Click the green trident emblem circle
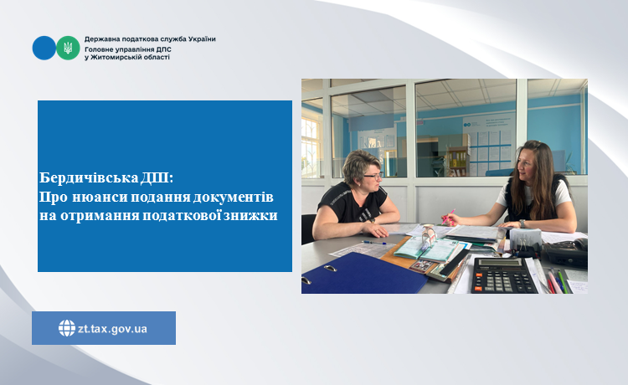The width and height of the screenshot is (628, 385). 68,48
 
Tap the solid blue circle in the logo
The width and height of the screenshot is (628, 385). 44,48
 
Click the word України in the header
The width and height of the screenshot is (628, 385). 203,39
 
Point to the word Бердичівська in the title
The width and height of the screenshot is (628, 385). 89,177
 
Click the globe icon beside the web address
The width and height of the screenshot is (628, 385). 67,328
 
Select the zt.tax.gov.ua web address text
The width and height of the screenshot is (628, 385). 112,329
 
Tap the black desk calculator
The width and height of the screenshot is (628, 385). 503,275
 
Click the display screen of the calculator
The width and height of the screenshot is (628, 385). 499,263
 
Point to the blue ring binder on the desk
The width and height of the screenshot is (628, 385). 363,274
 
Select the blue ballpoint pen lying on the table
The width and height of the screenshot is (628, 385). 374,243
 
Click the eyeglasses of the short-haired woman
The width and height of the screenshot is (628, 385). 373,175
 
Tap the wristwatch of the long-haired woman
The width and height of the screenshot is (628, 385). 522,223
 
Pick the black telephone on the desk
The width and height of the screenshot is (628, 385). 566,253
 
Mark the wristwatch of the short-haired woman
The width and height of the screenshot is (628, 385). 373,220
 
